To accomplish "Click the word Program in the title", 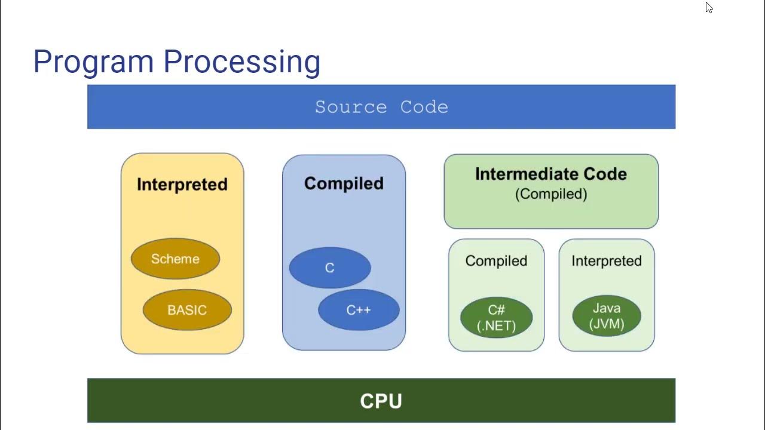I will [x=93, y=62].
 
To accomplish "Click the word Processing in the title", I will [x=241, y=62].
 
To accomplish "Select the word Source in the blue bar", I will [x=351, y=107].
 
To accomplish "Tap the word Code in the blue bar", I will [x=424, y=107].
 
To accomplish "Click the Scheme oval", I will [x=175, y=259].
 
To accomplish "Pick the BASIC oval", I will [x=187, y=310].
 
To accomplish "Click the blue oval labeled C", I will [x=330, y=268].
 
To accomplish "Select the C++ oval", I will [x=359, y=310].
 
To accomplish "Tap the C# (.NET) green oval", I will [x=496, y=318].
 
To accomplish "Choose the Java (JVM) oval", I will [x=607, y=316].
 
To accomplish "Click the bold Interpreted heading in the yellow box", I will [x=182, y=184].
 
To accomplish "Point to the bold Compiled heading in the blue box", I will [x=344, y=183].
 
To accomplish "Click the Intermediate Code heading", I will [x=551, y=174].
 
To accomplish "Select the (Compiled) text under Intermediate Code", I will [x=551, y=194].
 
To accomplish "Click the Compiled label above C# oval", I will [x=496, y=261].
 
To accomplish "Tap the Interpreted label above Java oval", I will [x=607, y=261].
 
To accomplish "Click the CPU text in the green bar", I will [x=381, y=401].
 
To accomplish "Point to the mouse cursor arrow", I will [x=708, y=7].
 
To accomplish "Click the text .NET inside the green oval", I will [x=497, y=326].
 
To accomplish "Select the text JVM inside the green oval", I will [x=607, y=324].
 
